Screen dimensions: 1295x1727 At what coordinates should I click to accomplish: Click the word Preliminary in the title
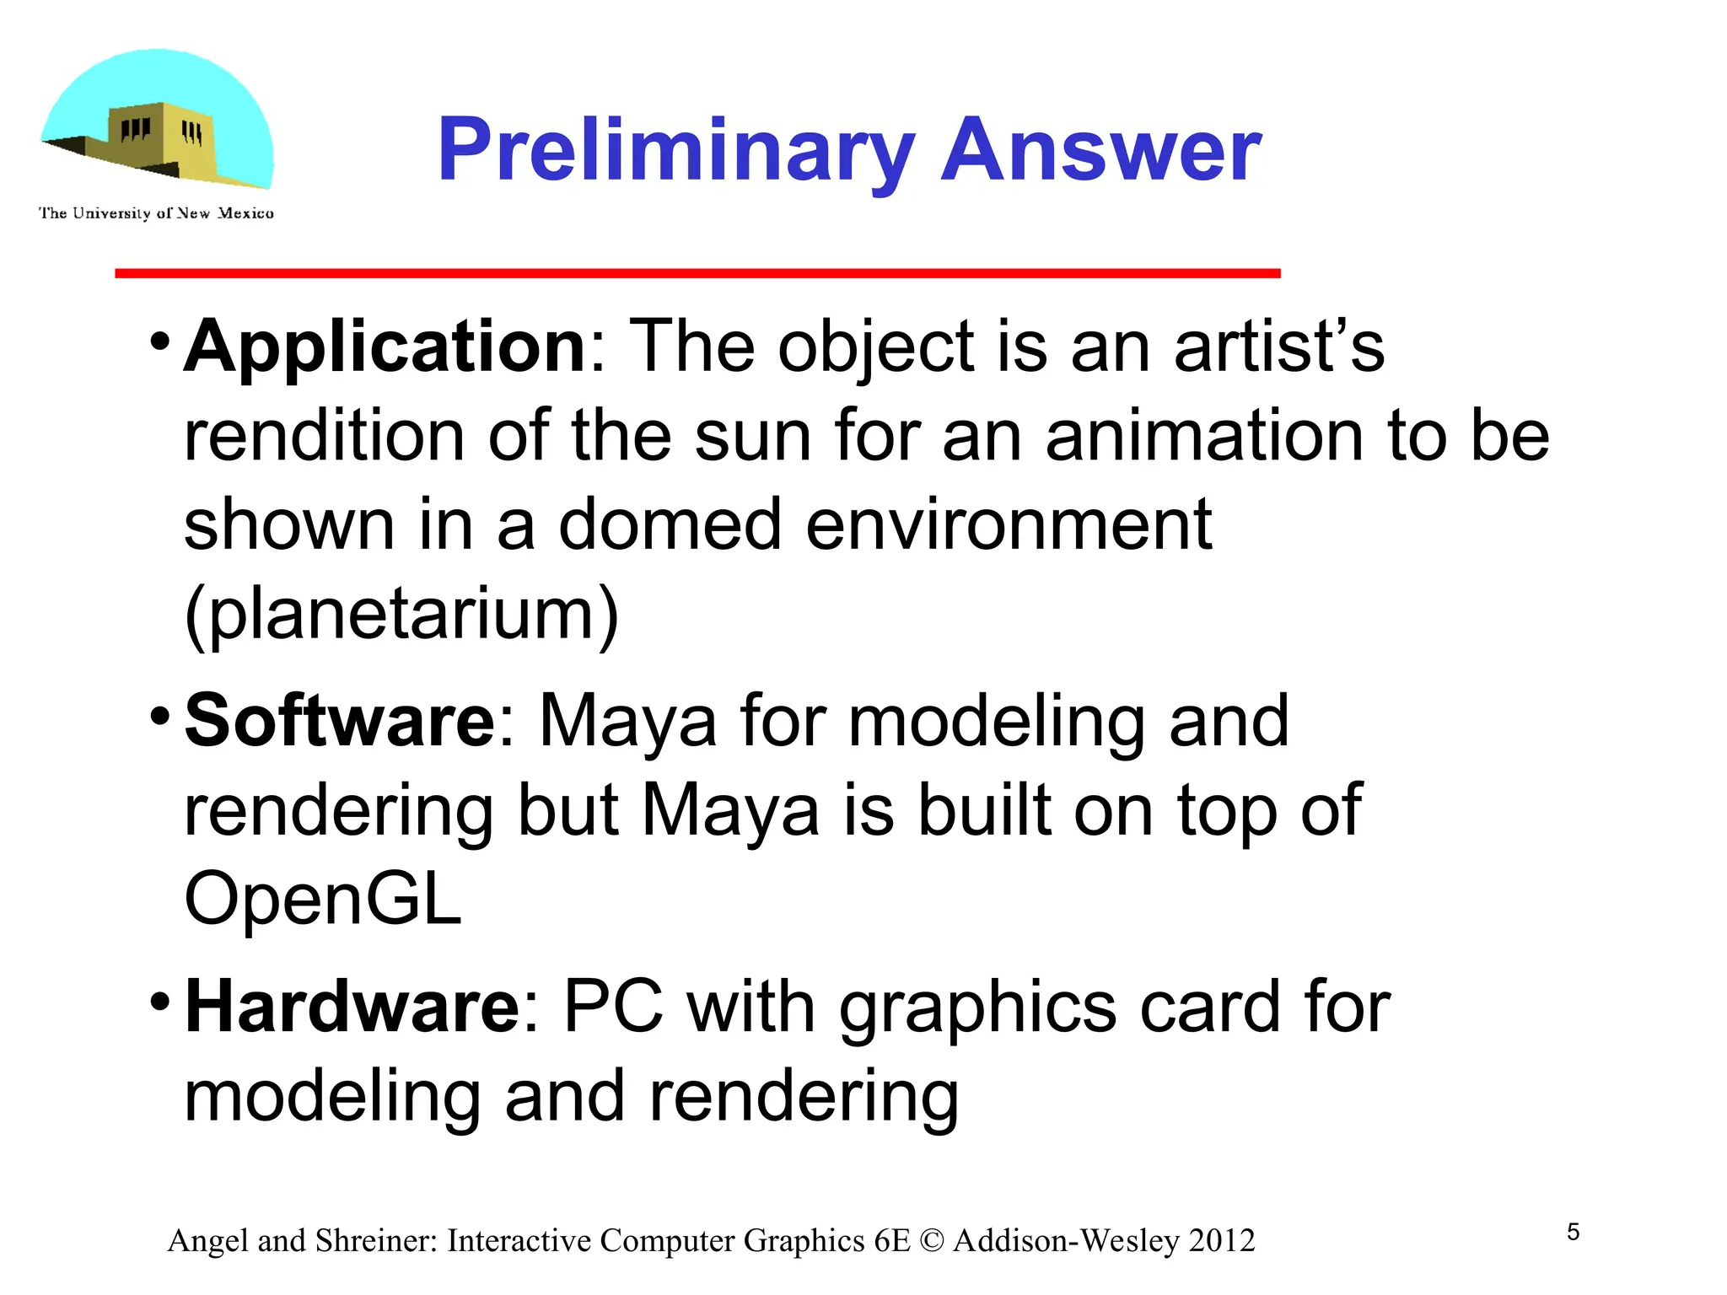pos(675,152)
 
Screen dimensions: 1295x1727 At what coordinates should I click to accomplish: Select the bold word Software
pos(340,721)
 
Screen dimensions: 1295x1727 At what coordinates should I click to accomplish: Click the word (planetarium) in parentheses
pos(401,615)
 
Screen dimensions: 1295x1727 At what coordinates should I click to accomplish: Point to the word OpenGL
pos(323,899)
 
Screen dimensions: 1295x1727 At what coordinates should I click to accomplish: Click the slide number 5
pos(1573,1233)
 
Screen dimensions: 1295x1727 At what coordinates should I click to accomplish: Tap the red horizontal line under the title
pos(697,273)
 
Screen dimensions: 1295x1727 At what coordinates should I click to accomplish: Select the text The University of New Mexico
pos(156,213)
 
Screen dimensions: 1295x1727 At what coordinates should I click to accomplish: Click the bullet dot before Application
pos(159,342)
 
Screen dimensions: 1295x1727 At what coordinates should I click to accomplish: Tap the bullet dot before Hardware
pos(159,1002)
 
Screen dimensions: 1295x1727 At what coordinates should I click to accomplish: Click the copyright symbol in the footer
pos(932,1241)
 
